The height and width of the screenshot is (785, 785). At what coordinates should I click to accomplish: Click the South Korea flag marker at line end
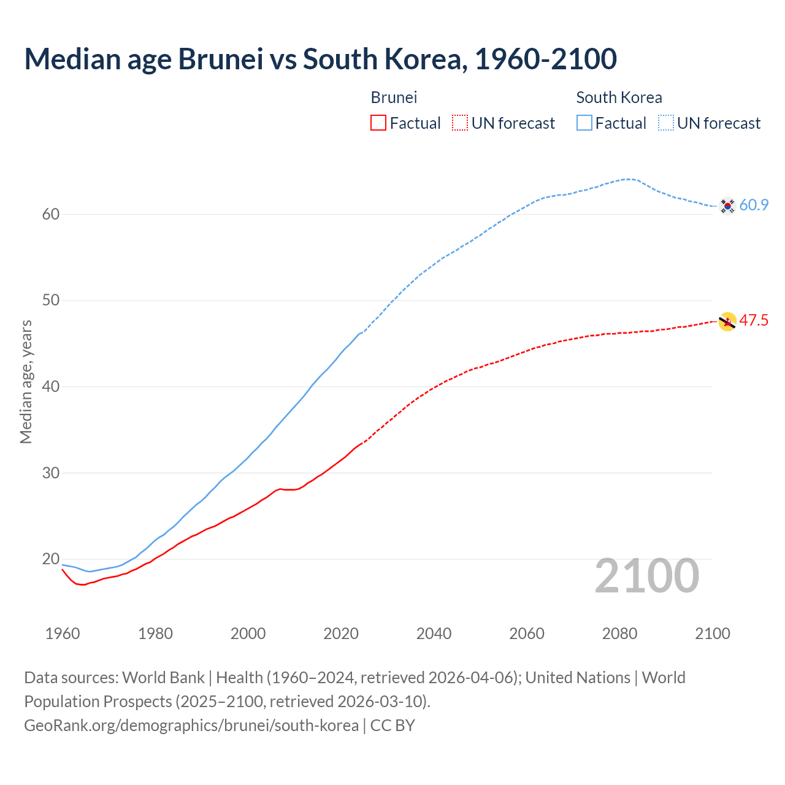pos(727,205)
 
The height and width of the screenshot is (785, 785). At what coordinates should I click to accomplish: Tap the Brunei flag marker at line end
pos(727,321)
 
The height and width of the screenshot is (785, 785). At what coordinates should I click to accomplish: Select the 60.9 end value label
pos(754,205)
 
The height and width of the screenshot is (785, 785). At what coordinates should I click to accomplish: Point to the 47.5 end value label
pos(754,320)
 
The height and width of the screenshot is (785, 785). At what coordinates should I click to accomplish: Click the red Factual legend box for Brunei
pos(378,123)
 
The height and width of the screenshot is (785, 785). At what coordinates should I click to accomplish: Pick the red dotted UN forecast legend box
pos(460,123)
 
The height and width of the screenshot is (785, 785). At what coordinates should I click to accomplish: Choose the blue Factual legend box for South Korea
pos(584,123)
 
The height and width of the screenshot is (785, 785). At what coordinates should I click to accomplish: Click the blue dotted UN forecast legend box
pos(666,123)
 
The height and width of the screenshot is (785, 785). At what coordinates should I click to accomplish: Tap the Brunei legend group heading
pos(394,98)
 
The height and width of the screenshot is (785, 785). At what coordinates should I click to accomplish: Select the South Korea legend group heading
pos(619,98)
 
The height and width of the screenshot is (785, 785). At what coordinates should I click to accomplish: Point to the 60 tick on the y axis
pos(51,214)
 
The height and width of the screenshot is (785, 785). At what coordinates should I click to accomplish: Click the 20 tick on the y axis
pos(51,559)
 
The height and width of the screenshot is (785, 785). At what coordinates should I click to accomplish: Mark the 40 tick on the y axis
pos(51,386)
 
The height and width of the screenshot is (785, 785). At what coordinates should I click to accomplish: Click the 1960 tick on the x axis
pos(63,634)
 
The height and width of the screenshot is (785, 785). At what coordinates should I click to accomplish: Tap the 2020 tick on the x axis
pos(341,634)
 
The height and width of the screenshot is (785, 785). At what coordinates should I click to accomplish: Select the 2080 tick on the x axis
pos(619,634)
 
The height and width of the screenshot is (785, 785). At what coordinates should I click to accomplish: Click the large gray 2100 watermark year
pos(646,575)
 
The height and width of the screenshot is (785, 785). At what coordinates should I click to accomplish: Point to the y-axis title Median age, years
pos(26,381)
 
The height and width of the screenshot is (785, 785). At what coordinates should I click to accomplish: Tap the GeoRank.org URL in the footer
pos(191,725)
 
